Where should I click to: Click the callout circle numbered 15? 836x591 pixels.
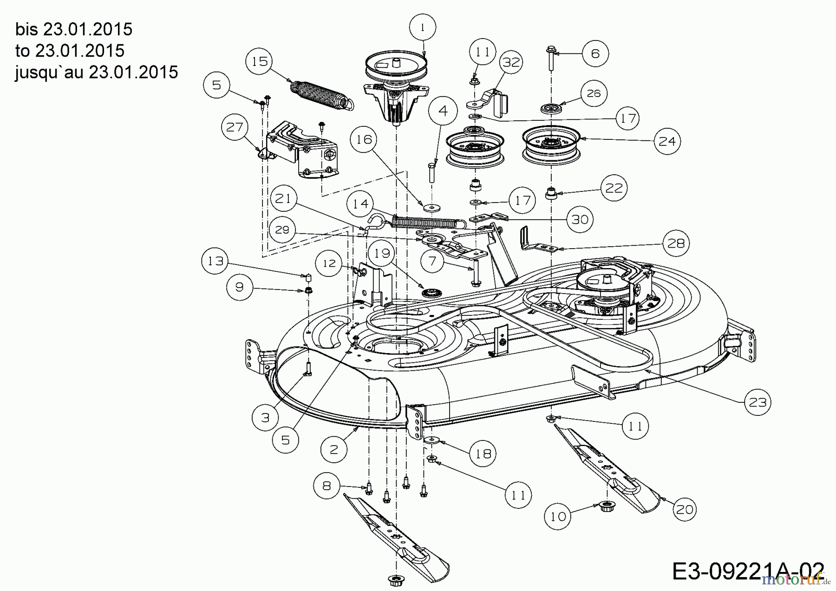[260, 61]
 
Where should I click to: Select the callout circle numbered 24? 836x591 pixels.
[667, 141]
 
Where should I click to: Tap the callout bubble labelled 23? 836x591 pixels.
[758, 402]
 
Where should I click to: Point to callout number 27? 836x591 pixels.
[235, 127]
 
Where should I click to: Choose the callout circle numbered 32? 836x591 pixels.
[511, 62]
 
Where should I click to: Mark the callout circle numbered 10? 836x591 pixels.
[558, 516]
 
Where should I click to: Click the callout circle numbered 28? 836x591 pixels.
[676, 243]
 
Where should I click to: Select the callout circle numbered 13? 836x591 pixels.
[215, 261]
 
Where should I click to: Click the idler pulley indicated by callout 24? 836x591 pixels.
[551, 144]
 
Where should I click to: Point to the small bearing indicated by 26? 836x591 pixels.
[551, 109]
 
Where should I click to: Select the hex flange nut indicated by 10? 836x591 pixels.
[605, 506]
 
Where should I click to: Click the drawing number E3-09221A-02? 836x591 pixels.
[748, 571]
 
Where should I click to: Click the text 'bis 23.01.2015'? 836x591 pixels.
[74, 29]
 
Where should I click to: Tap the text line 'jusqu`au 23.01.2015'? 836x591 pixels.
[97, 72]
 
